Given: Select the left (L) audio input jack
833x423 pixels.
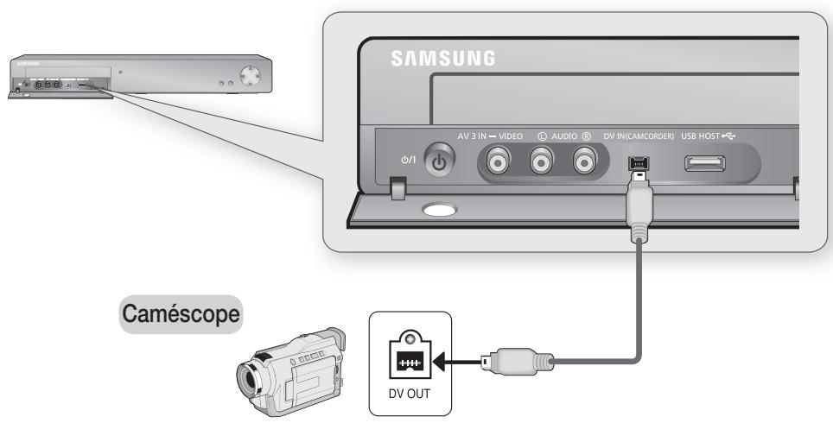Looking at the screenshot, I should (541, 161).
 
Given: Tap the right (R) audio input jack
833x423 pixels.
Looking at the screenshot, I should (585, 161).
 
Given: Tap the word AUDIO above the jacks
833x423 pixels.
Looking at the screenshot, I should (563, 134).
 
